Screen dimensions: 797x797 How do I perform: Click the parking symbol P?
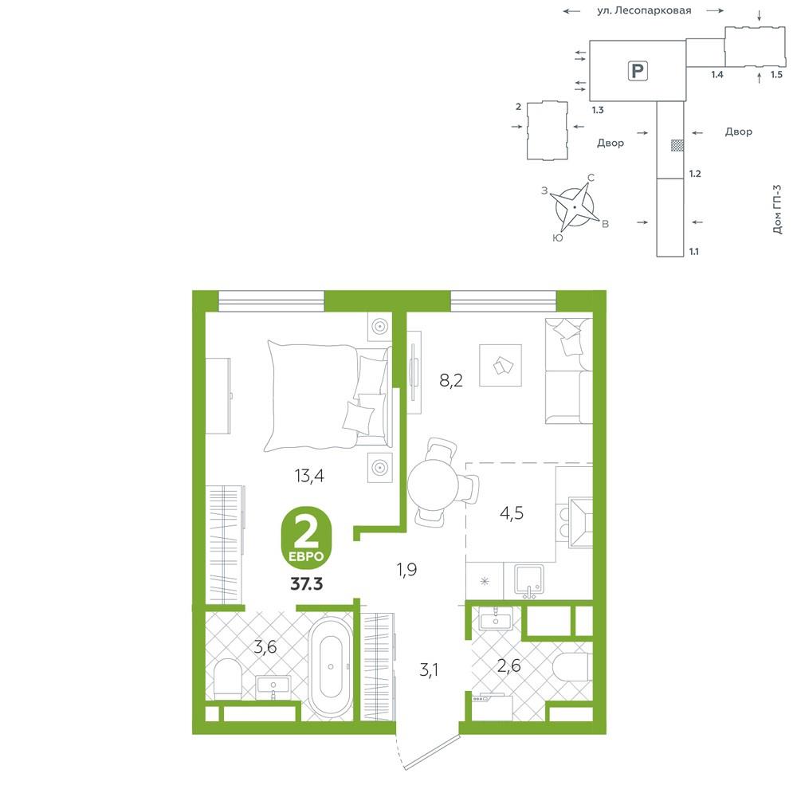[x=638, y=71]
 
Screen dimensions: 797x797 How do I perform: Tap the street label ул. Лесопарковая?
[x=644, y=10]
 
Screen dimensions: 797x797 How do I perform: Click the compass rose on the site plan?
[x=575, y=207]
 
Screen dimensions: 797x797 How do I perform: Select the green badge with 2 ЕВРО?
[x=306, y=538]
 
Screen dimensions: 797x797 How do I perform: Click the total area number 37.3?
[x=307, y=584]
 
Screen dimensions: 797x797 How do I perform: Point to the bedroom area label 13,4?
[x=309, y=476]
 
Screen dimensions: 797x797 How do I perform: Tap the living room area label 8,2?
[x=451, y=379]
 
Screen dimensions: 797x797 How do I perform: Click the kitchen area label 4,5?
[x=512, y=513]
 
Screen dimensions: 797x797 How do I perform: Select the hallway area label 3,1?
[x=429, y=670]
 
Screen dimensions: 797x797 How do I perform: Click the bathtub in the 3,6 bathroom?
[x=331, y=667]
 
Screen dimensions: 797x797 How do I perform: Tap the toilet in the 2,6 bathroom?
[x=572, y=666]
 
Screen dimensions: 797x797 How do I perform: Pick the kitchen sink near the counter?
[x=529, y=579]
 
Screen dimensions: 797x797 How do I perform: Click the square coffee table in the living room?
[x=501, y=365]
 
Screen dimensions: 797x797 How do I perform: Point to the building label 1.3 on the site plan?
[x=598, y=110]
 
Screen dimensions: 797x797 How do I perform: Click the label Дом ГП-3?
[x=777, y=210]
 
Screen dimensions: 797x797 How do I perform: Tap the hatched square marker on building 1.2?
[x=677, y=145]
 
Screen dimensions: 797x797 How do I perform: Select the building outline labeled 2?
[x=548, y=131]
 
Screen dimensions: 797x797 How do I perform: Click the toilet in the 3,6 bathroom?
[x=227, y=678]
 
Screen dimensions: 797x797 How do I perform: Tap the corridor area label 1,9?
[x=407, y=570]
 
